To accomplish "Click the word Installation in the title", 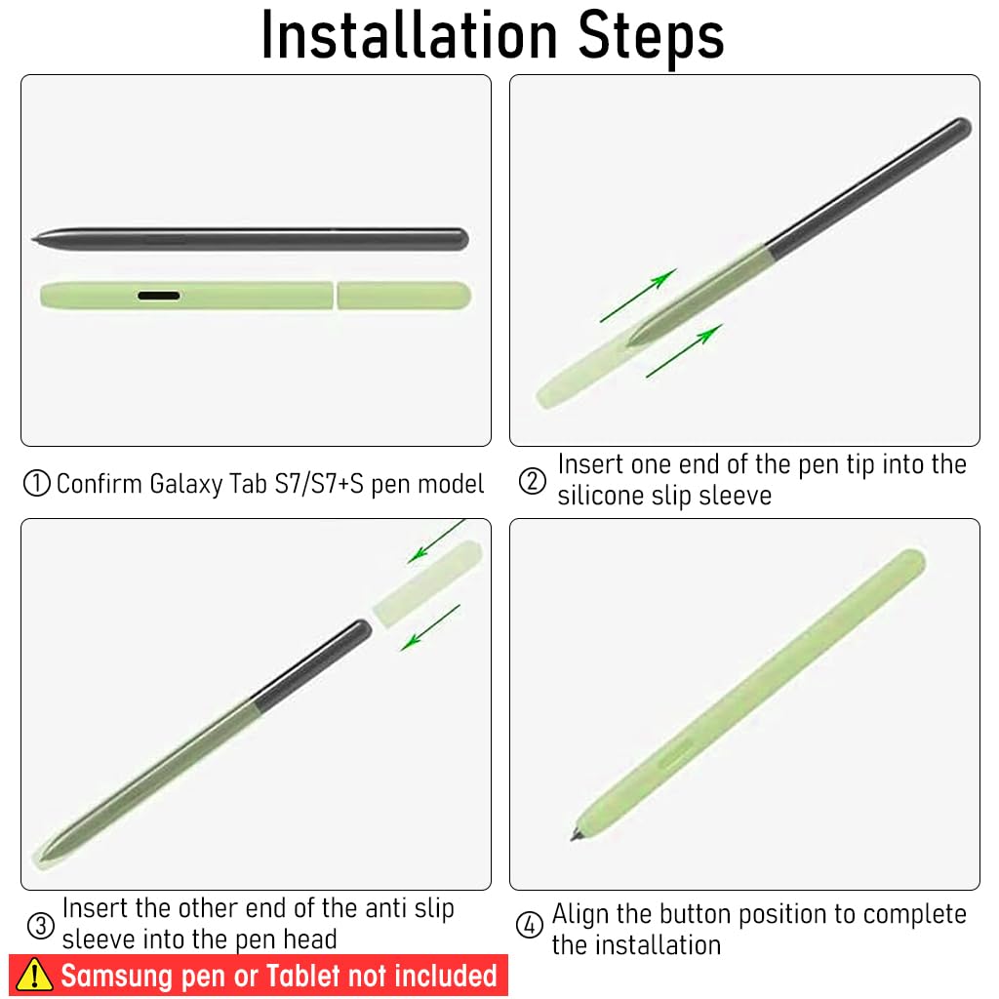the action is point(409,35).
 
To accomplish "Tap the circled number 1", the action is point(36,484).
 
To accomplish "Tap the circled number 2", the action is point(532,481).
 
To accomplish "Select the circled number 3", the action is point(41,925).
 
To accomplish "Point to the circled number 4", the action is point(530,925).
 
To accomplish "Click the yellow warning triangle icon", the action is point(34,975).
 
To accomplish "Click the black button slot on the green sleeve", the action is point(159,296).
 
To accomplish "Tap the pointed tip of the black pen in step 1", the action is point(33,239).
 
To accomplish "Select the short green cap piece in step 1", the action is point(404,296).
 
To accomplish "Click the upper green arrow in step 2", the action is point(638,295).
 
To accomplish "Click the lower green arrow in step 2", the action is point(684,350).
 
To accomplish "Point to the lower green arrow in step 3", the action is point(430,627).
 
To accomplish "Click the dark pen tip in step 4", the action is point(576,835).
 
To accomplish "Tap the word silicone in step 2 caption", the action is point(602,495).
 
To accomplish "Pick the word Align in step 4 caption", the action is point(580,915).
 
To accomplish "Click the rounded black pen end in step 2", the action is point(963,127).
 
